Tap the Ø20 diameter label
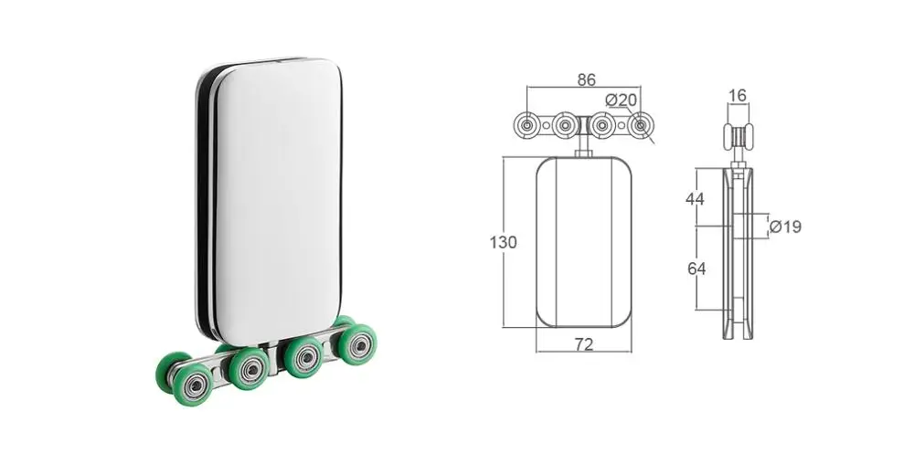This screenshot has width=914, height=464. [x=622, y=99]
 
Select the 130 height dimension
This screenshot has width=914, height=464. [x=503, y=242]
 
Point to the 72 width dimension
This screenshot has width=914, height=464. [x=584, y=344]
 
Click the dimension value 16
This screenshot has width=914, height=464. [x=738, y=95]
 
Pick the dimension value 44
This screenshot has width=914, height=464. [x=696, y=197]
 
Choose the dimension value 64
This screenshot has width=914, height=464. [x=696, y=269]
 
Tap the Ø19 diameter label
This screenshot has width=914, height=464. [x=784, y=226]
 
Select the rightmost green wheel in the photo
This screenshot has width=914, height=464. [x=352, y=343]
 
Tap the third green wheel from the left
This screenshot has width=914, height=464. [x=301, y=356]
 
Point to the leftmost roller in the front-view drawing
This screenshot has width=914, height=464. [x=529, y=126]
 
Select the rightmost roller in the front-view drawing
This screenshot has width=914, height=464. [x=643, y=125]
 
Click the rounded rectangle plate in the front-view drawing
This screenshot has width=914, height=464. [x=584, y=242]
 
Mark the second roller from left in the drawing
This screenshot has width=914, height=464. [x=565, y=126]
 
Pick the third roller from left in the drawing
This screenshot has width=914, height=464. [x=604, y=126]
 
